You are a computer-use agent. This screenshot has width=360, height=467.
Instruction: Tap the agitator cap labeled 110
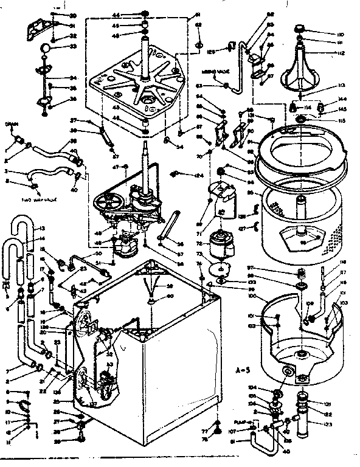[x=301, y=29]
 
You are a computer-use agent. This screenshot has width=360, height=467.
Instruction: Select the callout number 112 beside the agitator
[x=342, y=54]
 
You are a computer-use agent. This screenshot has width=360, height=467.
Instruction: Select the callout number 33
[x=73, y=46]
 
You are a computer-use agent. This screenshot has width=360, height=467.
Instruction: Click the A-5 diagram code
[x=243, y=368]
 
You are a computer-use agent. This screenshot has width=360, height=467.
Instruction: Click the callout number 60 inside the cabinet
[x=170, y=296]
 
